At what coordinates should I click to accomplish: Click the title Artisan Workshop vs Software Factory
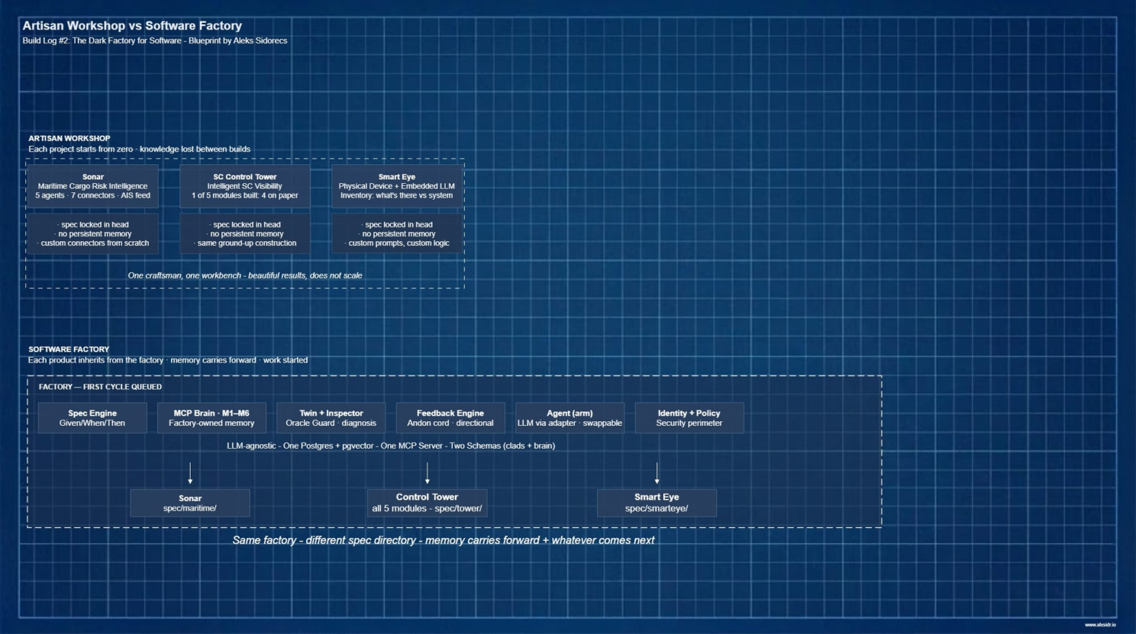[x=132, y=26]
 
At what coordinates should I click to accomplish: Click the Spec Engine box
[x=92, y=418]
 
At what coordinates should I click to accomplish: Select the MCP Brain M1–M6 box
[x=211, y=418]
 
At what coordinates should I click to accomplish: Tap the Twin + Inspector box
[x=331, y=418]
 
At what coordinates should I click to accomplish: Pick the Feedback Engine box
[x=450, y=418]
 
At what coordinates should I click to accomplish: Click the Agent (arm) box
[x=570, y=418]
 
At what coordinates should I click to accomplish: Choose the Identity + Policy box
[x=689, y=418]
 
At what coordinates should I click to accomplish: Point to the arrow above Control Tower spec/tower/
[x=428, y=473]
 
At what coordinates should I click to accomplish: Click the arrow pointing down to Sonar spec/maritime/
[x=190, y=473]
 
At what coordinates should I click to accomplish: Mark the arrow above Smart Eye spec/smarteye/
[x=657, y=473]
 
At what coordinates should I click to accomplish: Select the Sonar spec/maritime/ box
[x=190, y=503]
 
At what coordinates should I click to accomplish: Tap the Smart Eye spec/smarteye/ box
[x=657, y=503]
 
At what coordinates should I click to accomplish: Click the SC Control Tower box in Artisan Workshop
[x=245, y=186]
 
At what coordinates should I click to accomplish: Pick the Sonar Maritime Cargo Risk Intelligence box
[x=93, y=186]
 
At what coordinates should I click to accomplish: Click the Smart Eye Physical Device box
[x=397, y=186]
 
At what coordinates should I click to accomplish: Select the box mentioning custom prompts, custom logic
[x=397, y=233]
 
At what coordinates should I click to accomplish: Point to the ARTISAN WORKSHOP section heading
[x=69, y=138]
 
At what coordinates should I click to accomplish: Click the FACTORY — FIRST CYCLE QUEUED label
[x=100, y=387]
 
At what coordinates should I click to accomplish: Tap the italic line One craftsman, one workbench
[x=245, y=275]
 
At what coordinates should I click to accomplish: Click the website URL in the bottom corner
[x=1100, y=625]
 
